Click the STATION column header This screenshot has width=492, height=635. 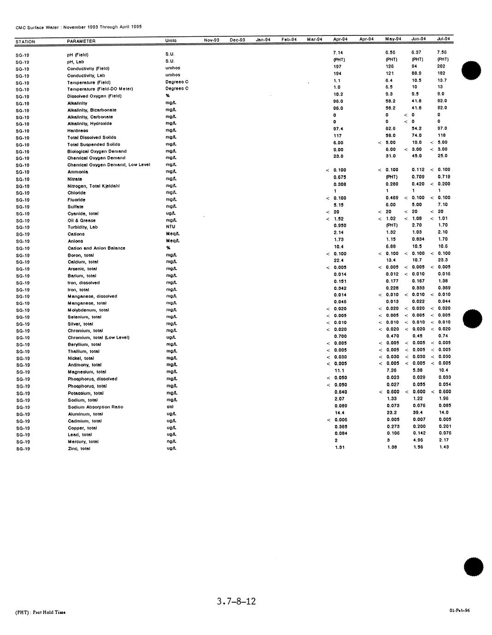tap(25, 42)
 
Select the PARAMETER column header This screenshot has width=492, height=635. tap(81, 41)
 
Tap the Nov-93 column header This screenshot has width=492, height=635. tap(211, 40)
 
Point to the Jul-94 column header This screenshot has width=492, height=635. tap(443, 39)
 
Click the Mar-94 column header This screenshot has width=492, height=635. tap(315, 39)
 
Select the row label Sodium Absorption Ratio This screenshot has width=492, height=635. tap(95, 407)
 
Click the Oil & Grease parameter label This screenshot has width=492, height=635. tap(82, 220)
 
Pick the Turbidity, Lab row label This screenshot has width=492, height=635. tap(82, 227)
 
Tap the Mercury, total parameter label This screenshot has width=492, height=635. tap(83, 442)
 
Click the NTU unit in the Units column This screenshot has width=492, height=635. tap(170, 227)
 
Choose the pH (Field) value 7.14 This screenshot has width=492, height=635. tap(338, 53)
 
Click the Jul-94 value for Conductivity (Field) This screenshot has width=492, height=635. tap(441, 66)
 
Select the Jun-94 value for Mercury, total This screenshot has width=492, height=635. tap(417, 440)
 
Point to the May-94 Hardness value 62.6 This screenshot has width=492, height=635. tap(391, 128)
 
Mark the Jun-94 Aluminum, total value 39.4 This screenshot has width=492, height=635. tap(417, 412)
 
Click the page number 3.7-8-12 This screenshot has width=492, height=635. tap(236, 601)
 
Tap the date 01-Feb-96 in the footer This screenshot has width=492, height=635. tap(460, 611)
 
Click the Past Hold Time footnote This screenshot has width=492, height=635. tap(41, 612)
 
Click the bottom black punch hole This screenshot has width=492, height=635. tap(474, 567)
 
